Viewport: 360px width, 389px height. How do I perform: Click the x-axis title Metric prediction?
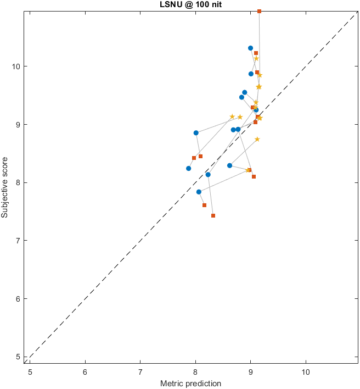point(190,383)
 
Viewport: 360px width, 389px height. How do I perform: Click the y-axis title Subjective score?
point(5,186)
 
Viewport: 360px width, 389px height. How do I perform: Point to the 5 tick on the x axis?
point(30,372)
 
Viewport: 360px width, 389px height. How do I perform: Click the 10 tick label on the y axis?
point(16,66)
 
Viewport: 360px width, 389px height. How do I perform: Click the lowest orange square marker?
point(213,216)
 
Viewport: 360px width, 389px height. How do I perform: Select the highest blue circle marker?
point(250,48)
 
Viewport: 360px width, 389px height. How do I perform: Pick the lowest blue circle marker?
point(199,192)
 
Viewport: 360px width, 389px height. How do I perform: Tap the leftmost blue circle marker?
point(188,169)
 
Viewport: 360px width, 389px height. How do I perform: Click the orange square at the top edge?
point(259,12)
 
